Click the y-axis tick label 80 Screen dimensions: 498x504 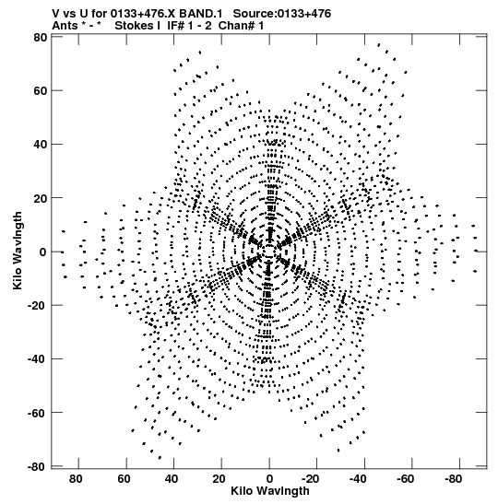[x=41, y=38]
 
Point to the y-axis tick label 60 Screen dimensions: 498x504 [x=41, y=91]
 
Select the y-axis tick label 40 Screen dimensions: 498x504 [x=41, y=145]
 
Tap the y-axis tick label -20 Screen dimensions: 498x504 [x=38, y=305]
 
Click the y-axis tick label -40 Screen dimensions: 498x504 [x=38, y=358]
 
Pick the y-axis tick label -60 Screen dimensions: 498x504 [x=38, y=413]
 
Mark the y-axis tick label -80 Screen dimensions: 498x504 [x=38, y=466]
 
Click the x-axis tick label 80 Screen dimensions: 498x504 [x=76, y=479]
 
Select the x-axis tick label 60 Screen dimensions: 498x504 [x=124, y=479]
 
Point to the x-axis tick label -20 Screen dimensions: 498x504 [x=310, y=479]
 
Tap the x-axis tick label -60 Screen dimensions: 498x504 [x=406, y=479]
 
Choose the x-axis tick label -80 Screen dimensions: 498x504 [x=454, y=479]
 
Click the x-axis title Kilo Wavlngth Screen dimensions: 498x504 [x=270, y=491]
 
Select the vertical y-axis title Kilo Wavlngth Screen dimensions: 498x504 [x=18, y=251]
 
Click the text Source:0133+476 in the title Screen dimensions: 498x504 [x=282, y=14]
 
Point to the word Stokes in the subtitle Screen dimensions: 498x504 [x=137, y=26]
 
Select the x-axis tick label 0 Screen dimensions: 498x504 [x=269, y=479]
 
